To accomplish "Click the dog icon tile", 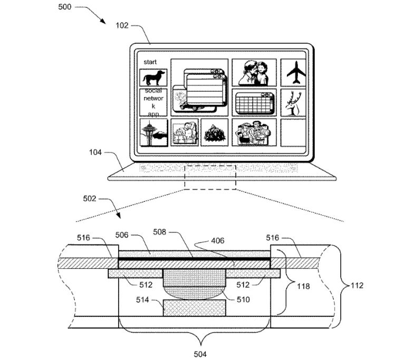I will pos(153,78).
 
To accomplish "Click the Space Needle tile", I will pos(153,132).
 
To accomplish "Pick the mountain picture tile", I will pos(215,132).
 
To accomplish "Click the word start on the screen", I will pos(150,62).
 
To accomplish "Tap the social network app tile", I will pos(153,102).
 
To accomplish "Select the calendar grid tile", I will pos(254,102).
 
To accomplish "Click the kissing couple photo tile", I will pos(254,73).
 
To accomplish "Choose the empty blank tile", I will pos(293,132).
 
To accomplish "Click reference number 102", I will pos(121,25).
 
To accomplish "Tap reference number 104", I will pos(95,153).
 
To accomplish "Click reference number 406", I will pos(217,241).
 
